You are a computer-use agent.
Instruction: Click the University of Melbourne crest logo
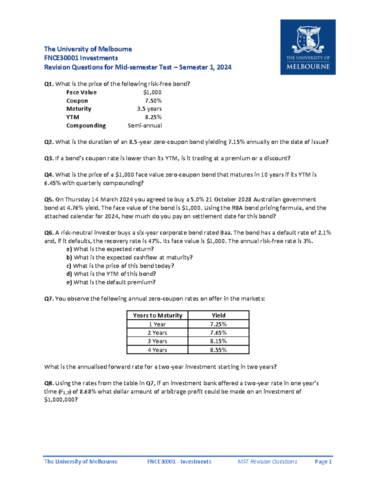click(x=308, y=47)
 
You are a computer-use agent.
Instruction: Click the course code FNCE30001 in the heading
click(x=61, y=58)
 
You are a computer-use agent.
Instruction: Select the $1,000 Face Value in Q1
click(x=152, y=93)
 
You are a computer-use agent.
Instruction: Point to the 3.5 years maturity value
click(x=149, y=109)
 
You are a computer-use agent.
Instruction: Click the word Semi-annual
click(x=144, y=125)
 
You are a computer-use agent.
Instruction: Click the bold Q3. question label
click(x=49, y=158)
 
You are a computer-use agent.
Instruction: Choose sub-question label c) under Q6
click(x=69, y=266)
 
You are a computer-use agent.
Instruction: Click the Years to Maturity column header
click(x=157, y=315)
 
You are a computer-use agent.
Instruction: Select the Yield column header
click(x=218, y=315)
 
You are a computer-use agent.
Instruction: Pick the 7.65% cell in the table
click(x=218, y=333)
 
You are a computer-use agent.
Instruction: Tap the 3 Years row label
click(x=157, y=341)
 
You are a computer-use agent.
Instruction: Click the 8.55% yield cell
click(x=218, y=350)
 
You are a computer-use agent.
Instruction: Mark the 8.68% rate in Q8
click(x=88, y=392)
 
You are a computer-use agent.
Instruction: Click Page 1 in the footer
click(x=323, y=462)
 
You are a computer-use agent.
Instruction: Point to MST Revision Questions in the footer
click(x=267, y=462)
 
